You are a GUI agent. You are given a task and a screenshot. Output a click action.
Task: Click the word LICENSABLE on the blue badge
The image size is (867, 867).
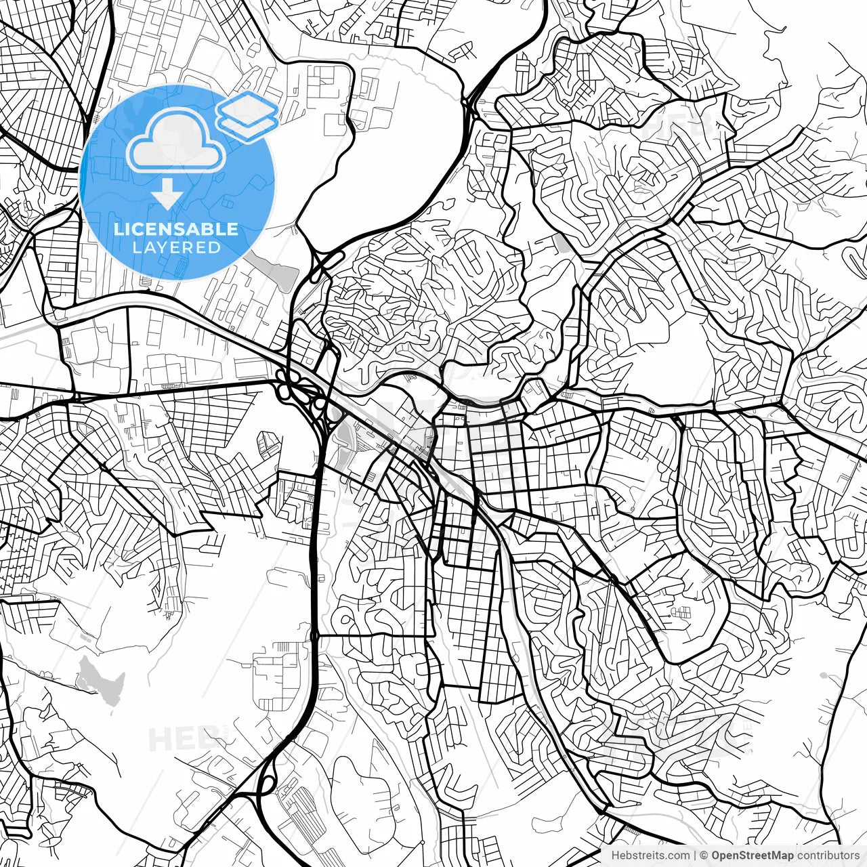[x=176, y=229]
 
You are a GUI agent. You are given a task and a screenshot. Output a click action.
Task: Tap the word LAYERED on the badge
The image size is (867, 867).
[x=176, y=248]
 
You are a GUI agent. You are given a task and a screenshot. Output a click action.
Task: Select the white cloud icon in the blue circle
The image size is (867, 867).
[x=176, y=141]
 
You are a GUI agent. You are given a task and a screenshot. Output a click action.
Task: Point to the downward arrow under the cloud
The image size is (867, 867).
[x=167, y=197]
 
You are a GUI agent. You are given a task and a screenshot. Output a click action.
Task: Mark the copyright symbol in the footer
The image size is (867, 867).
[x=704, y=855]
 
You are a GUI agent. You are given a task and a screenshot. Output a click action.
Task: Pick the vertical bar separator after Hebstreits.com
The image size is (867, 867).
[x=696, y=855]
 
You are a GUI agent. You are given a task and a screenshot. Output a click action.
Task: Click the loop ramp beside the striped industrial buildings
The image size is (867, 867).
[x=266, y=785]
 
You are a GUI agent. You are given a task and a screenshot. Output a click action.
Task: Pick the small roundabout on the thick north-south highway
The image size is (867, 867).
[x=315, y=636]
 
